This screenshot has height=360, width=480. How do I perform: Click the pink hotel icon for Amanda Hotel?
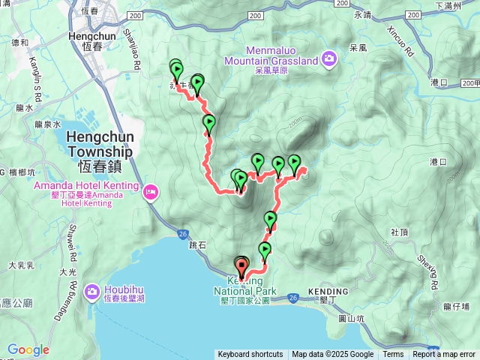pos(151,193)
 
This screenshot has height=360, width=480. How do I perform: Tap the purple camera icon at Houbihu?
pos(92,291)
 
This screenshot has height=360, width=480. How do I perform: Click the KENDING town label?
pos(328,291)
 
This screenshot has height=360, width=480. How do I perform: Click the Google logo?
pos(28,350)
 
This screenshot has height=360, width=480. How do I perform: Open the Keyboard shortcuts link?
pos(250,355)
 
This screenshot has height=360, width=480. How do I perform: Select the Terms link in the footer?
pos(393,355)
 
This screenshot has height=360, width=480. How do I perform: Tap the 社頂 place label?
pos(399,232)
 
